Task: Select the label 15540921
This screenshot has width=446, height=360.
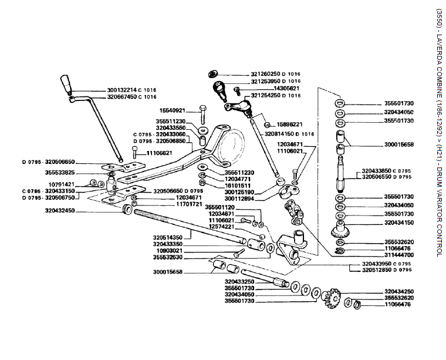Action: coord(172,110)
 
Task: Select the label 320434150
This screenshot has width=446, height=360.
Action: coord(399,223)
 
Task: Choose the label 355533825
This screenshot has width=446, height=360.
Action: coord(59,173)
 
